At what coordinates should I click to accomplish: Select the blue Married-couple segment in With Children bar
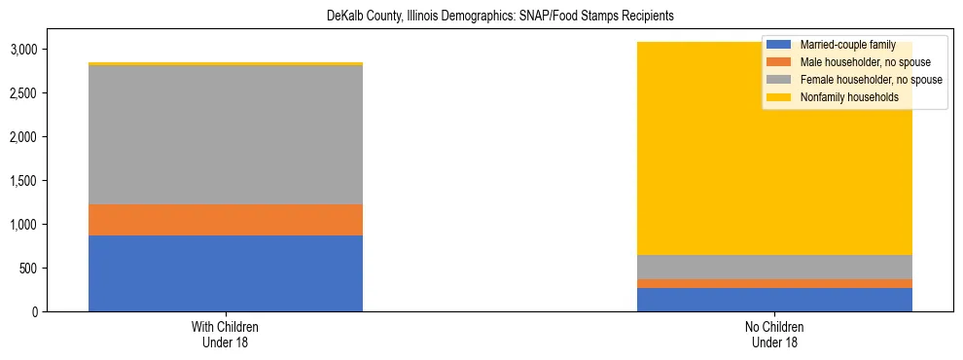pyautogui.click(x=226, y=273)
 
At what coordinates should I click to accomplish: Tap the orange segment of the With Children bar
pyautogui.click(x=226, y=220)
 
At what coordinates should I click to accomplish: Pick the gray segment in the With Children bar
pyautogui.click(x=226, y=135)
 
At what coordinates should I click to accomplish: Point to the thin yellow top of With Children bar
pyautogui.click(x=226, y=64)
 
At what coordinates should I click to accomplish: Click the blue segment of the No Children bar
pyautogui.click(x=774, y=300)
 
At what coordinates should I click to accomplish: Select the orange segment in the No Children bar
pyautogui.click(x=774, y=283)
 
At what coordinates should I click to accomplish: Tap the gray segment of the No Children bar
pyautogui.click(x=774, y=268)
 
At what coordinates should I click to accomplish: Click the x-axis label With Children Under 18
pyautogui.click(x=226, y=335)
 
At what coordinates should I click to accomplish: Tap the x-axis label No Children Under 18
pyautogui.click(x=774, y=335)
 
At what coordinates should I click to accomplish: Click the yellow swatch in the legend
pyautogui.click(x=779, y=97)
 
